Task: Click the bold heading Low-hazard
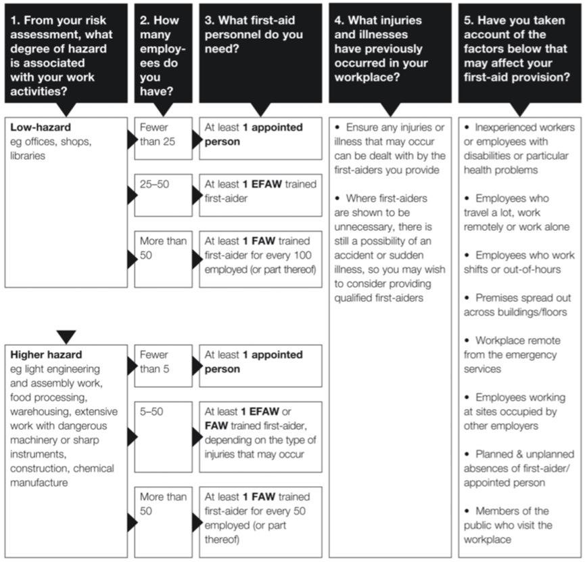(41, 127)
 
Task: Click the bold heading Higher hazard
(46, 354)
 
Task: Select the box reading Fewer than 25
(164, 139)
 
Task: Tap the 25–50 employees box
(164, 195)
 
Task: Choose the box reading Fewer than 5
(164, 366)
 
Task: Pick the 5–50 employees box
(164, 437)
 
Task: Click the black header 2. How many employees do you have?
(164, 53)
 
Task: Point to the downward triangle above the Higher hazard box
(66, 337)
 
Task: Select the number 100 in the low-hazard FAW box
(302, 255)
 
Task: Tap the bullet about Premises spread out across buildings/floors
(517, 305)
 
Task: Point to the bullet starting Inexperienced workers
(519, 148)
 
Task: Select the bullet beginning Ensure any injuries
(390, 148)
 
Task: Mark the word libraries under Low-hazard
(28, 156)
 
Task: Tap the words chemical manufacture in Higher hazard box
(62, 475)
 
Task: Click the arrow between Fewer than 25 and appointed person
(197, 139)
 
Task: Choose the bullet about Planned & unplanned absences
(519, 469)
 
